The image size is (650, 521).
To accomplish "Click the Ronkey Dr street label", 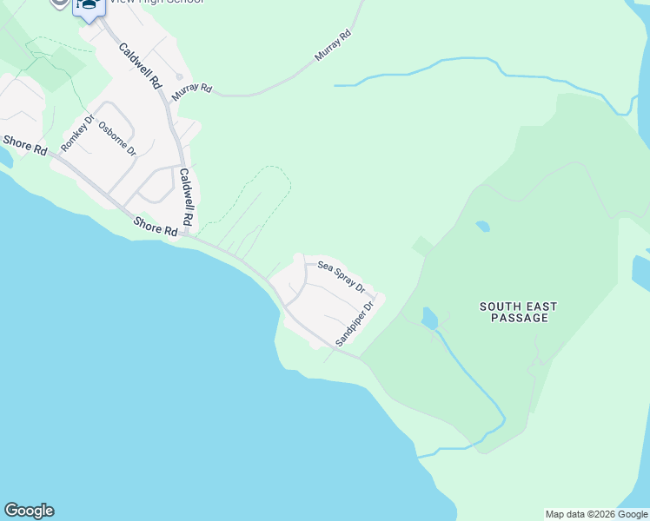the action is (76, 132).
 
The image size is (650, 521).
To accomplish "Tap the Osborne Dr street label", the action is (117, 138).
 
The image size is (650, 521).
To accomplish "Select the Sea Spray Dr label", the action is (341, 275).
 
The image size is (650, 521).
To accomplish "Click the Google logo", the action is (29, 511).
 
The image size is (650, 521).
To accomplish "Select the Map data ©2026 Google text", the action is (597, 514).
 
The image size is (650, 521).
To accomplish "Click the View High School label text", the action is (156, 3).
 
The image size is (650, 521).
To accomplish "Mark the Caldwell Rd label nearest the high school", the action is (140, 67).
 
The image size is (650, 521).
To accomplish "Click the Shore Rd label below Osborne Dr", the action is (156, 227).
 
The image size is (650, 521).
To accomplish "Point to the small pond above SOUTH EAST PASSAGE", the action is (482, 227).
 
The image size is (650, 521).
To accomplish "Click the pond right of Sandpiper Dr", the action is (429, 319).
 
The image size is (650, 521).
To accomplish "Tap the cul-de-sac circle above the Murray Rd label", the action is (179, 76).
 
